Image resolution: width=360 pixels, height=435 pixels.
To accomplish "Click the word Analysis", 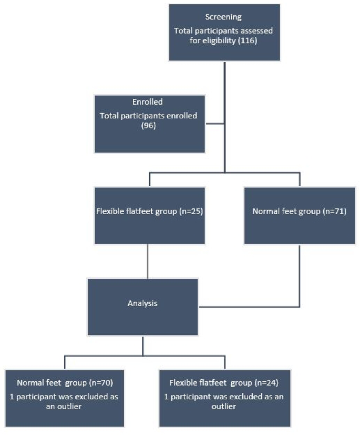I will [142, 304].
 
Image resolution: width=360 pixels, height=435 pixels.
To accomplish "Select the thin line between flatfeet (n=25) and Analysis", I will [147, 261].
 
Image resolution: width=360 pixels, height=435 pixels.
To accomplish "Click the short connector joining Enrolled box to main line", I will [215, 124].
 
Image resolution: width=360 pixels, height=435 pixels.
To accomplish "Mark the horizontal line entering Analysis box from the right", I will [247, 307].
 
